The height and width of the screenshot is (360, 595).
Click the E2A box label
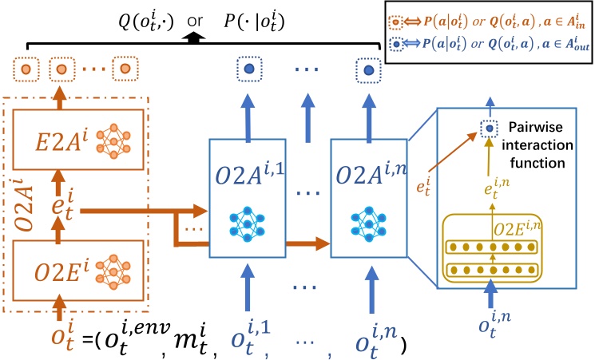tap(61, 140)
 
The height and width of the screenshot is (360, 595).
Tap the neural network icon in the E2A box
tap(113, 140)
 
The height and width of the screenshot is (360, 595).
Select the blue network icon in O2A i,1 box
tap(247, 224)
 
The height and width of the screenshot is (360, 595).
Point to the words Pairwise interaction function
tap(537, 145)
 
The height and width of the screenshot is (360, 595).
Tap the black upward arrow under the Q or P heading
tap(194, 38)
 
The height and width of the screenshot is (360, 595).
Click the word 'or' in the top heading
tap(195, 21)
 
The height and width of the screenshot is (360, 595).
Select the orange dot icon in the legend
tap(395, 22)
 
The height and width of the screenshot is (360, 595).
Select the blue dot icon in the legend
tap(397, 45)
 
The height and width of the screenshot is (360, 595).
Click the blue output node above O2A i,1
tap(249, 69)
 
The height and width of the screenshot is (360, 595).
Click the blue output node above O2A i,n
tap(368, 70)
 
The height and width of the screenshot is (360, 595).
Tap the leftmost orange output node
tap(26, 69)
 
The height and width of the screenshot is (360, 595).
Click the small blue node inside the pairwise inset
tap(490, 129)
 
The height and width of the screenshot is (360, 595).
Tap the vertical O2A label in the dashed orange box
tap(25, 205)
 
